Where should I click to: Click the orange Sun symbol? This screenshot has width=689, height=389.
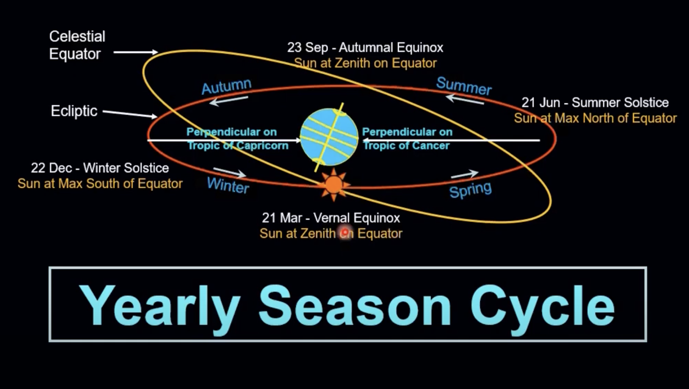[x=334, y=185]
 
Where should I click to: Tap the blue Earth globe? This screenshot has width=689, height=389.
[x=329, y=137]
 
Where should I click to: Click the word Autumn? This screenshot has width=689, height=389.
[x=226, y=86]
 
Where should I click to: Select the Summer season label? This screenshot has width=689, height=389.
[x=464, y=86]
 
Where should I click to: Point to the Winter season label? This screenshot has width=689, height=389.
[x=228, y=185]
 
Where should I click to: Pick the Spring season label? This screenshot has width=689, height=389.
[x=470, y=190]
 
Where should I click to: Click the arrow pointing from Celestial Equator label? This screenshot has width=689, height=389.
[x=136, y=52]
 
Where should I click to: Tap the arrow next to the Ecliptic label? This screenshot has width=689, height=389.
[x=130, y=114]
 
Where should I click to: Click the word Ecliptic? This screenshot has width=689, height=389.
[x=74, y=111]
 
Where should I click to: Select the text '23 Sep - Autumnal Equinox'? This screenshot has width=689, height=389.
[x=365, y=48]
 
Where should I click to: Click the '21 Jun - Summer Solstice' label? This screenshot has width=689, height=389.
[x=595, y=103]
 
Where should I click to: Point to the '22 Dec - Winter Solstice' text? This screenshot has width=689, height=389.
[x=100, y=168]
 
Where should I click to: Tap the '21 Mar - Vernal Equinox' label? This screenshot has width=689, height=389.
[x=331, y=218]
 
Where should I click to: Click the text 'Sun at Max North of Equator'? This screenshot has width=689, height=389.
[x=595, y=119]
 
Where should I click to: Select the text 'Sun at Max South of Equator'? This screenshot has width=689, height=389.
[x=100, y=184]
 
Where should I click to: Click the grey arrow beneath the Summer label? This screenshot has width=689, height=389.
[x=464, y=99]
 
